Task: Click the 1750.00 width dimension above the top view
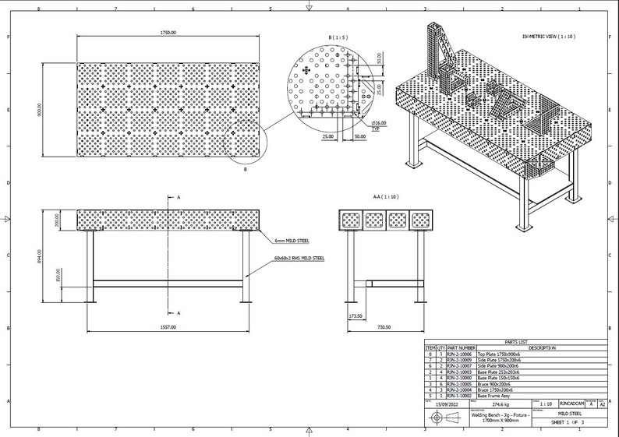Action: (x=168, y=33)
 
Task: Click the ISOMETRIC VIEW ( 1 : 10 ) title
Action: (x=548, y=37)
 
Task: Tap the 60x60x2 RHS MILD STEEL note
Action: (x=299, y=258)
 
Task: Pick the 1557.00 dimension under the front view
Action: (x=168, y=326)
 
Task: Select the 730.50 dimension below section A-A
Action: (x=383, y=326)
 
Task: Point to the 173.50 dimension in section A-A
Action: (x=357, y=316)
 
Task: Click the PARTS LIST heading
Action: (x=516, y=342)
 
